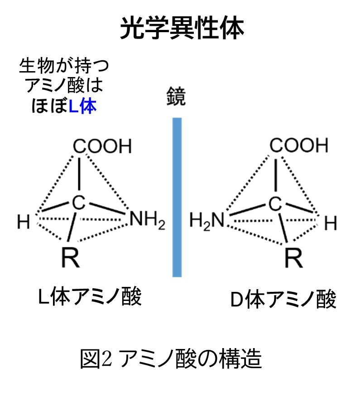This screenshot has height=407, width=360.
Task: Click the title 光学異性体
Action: click(x=182, y=28)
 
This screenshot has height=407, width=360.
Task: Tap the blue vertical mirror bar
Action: click(x=177, y=197)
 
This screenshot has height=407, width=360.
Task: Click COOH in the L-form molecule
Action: click(x=102, y=146)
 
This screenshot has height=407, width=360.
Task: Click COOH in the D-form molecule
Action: click(x=298, y=145)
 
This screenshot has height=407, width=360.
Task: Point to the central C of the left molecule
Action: click(x=79, y=203)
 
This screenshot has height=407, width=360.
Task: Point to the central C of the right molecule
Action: click(x=274, y=204)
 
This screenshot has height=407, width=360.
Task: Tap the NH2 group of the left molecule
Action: click(x=147, y=221)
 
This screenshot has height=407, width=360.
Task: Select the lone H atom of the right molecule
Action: click(x=331, y=223)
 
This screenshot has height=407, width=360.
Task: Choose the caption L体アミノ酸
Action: click(x=90, y=298)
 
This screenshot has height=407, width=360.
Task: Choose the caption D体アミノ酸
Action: click(x=283, y=300)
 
